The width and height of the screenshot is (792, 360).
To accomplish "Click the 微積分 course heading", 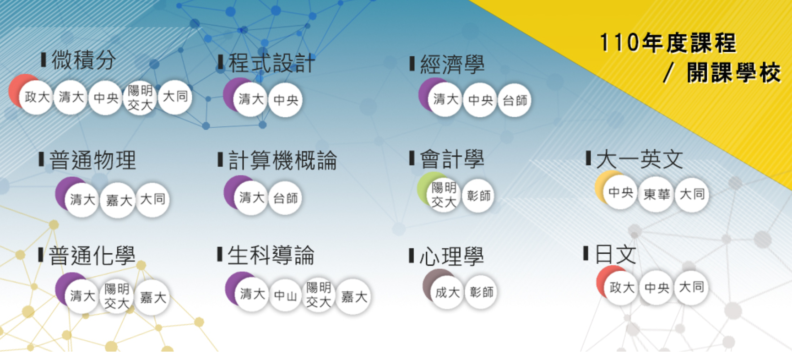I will click(83, 60).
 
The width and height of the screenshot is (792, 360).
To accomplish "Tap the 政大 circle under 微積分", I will click(37, 97).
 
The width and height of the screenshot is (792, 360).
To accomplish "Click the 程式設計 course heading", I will click(271, 63).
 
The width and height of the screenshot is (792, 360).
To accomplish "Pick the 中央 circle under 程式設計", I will click(286, 100).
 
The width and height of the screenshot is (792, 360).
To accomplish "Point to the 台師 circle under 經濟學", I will click(515, 100).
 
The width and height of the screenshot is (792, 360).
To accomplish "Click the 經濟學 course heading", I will click(452, 65).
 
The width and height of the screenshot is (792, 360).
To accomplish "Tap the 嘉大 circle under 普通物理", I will click(119, 200).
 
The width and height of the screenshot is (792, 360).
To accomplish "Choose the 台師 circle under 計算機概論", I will click(285, 198).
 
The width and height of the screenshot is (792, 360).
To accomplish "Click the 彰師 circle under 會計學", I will click(478, 196).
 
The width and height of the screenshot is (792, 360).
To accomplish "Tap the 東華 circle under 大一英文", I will click(656, 195).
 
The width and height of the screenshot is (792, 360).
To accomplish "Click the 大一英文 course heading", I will click(639, 159).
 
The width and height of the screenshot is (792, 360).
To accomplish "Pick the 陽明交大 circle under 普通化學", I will click(117, 296).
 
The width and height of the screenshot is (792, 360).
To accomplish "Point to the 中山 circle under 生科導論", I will click(285, 296).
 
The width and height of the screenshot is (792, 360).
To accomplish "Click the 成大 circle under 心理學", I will click(447, 292).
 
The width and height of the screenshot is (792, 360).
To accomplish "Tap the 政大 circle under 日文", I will click(621, 288).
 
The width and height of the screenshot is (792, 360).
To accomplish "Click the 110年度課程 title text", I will click(667, 43).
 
